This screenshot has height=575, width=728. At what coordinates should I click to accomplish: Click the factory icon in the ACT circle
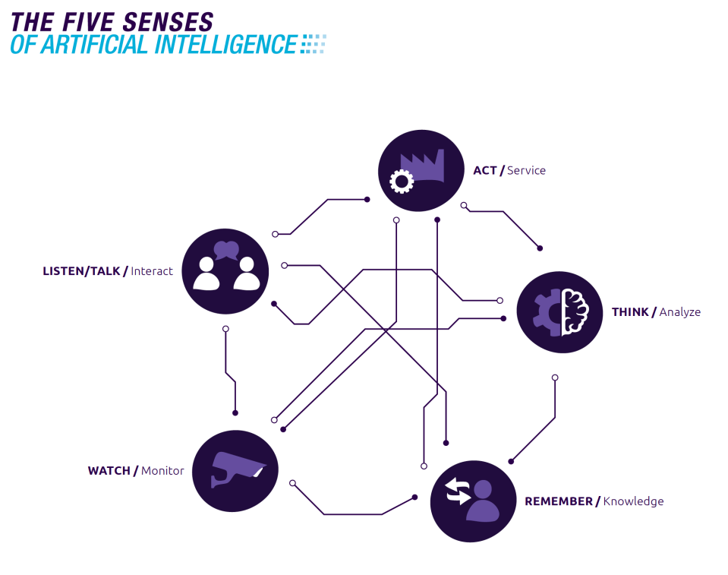click(423, 166)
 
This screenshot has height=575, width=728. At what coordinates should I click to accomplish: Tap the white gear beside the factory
click(400, 181)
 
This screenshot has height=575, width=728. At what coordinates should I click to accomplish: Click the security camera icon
click(236, 469)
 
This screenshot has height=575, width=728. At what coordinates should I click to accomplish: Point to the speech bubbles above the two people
click(226, 250)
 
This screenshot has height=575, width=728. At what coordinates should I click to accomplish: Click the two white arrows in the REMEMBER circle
click(458, 491)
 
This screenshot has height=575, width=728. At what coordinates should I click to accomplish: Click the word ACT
click(484, 170)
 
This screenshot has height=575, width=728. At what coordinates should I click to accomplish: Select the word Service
click(526, 170)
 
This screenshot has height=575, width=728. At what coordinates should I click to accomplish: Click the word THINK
click(630, 312)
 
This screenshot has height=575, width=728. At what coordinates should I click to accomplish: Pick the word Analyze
click(679, 312)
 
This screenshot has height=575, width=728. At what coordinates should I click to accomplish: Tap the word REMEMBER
click(558, 501)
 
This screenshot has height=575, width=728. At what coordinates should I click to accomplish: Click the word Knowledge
click(633, 501)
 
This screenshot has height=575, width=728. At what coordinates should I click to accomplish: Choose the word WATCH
click(109, 471)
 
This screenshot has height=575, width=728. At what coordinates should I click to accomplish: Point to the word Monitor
click(162, 471)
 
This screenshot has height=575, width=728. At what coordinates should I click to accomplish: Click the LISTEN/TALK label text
click(81, 271)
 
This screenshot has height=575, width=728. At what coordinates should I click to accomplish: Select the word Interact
click(152, 271)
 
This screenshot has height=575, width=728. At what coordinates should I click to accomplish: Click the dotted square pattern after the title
click(313, 44)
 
